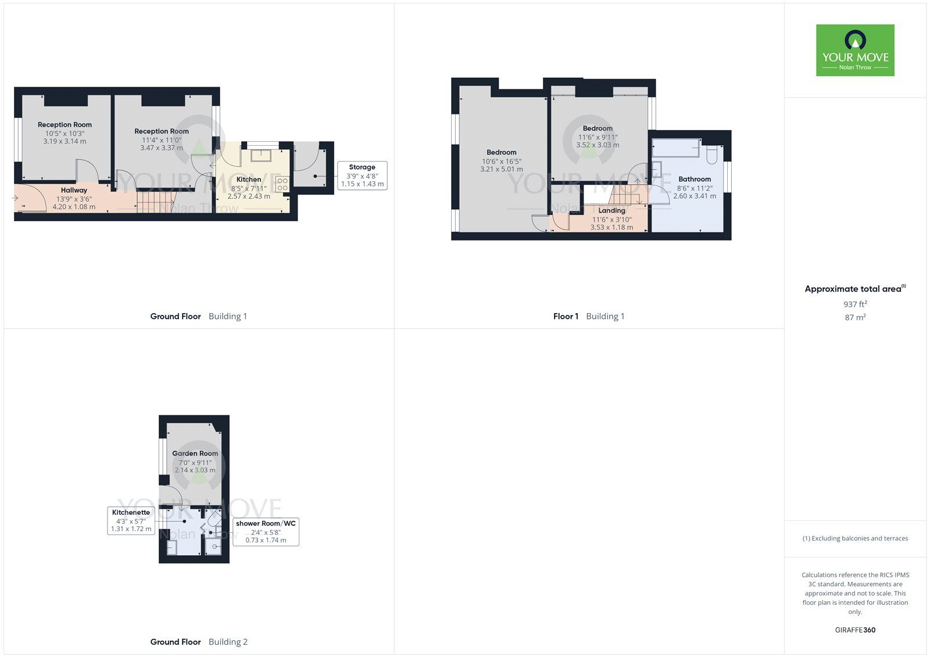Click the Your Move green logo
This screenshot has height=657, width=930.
click(x=854, y=51)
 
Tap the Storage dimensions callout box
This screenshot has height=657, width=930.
click(x=362, y=175)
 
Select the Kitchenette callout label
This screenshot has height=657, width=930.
click(x=131, y=520)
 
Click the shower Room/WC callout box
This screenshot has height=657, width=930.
click(x=266, y=532)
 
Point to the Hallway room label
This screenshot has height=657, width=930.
click(x=74, y=190)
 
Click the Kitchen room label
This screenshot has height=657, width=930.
click(x=249, y=179)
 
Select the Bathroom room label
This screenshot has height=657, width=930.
click(x=695, y=179)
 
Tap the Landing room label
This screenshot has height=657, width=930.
click(x=611, y=211)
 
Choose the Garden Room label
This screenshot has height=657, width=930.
click(x=195, y=454)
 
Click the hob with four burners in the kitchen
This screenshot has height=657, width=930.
click(x=282, y=185)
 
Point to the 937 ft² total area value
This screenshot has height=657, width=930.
click(x=855, y=304)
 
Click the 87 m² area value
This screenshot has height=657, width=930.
click(x=855, y=318)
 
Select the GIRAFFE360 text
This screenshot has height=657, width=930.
click(x=855, y=630)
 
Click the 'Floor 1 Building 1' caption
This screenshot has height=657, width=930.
click(x=589, y=317)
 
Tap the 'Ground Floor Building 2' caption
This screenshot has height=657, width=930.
click(x=199, y=642)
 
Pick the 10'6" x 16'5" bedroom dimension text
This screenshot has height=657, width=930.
click(x=501, y=161)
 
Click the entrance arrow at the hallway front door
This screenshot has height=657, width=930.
click(x=15, y=199)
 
